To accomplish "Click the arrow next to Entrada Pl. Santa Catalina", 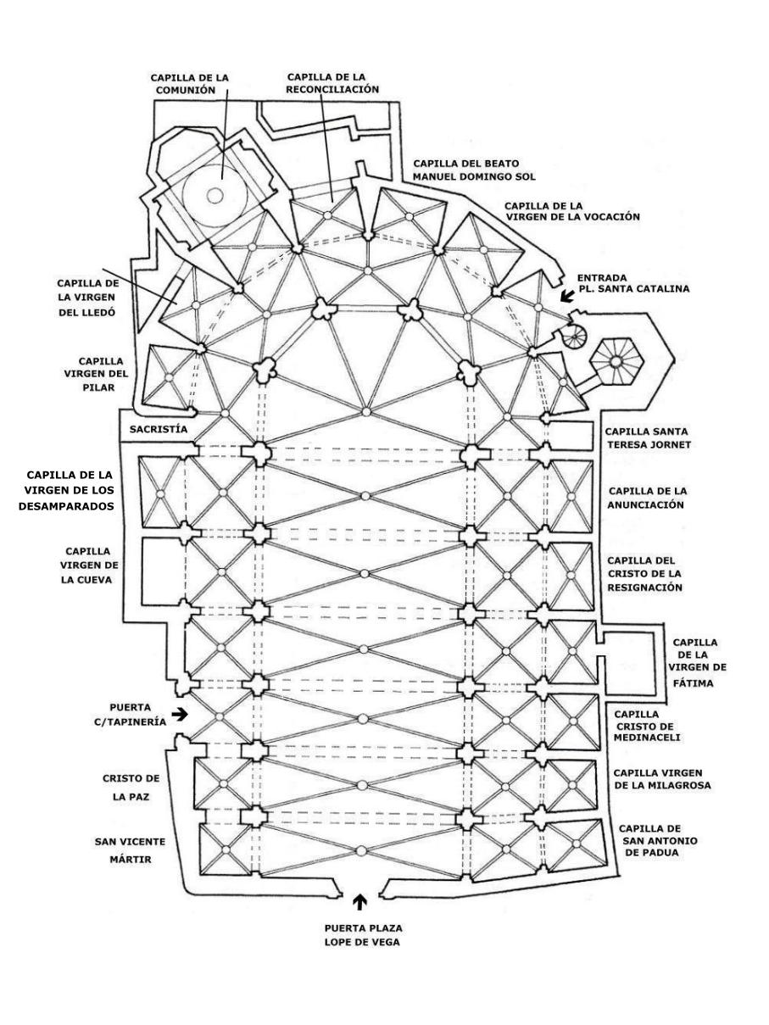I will point(566,296).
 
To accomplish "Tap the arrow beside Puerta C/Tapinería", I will point(180,714).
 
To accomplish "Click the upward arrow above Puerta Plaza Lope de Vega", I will point(361,900).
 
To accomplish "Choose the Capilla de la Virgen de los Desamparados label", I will point(75,491).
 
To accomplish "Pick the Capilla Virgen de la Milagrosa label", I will point(661,779).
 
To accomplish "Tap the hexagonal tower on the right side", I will point(616,362).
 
